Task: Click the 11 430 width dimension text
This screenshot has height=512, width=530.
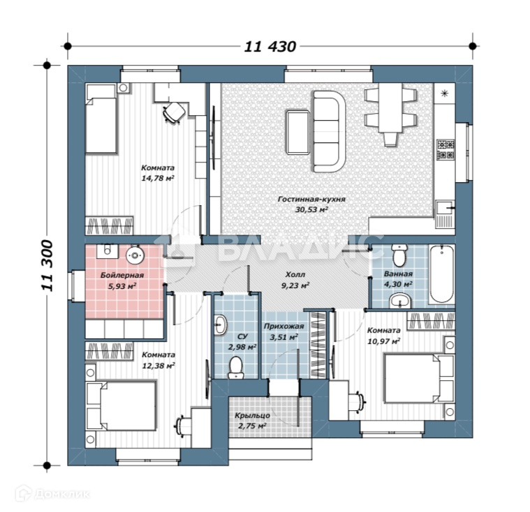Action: (x=270, y=47)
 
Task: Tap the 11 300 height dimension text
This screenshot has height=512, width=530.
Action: (x=47, y=266)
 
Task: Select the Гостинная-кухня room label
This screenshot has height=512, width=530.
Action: (x=311, y=199)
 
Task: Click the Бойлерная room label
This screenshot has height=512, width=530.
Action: (x=122, y=276)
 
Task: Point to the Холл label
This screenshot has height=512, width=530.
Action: (x=295, y=275)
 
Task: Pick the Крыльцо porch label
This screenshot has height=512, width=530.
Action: (x=252, y=416)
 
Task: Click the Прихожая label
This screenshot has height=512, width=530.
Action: (x=284, y=326)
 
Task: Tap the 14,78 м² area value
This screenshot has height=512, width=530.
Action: (x=158, y=178)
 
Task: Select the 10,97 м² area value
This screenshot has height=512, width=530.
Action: (x=383, y=341)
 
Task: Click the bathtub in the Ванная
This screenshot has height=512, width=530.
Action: (x=441, y=274)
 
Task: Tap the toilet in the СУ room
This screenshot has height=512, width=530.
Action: (x=235, y=368)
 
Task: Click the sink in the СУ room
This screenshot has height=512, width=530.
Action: (x=221, y=325)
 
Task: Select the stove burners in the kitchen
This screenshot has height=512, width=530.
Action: (x=446, y=149)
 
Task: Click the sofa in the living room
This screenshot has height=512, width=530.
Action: (x=328, y=131)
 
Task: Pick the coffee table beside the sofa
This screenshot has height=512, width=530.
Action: (x=297, y=132)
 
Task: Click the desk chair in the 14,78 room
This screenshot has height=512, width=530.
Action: (x=174, y=112)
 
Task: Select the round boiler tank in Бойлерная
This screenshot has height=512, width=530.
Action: (x=135, y=255)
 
